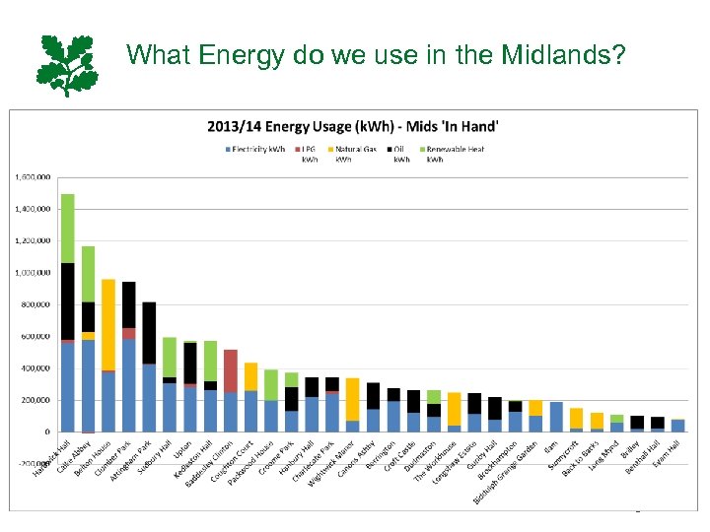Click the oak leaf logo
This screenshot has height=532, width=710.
pyautogui.click(x=67, y=64)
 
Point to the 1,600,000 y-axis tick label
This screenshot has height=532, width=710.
pyautogui.click(x=31, y=177)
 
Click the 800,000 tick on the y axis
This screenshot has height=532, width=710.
pyautogui.click(x=35, y=304)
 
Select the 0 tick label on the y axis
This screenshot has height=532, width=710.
pyautogui.click(x=46, y=432)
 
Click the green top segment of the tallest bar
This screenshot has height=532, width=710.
pyautogui.click(x=68, y=228)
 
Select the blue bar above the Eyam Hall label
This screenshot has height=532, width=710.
pyautogui.click(x=677, y=426)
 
